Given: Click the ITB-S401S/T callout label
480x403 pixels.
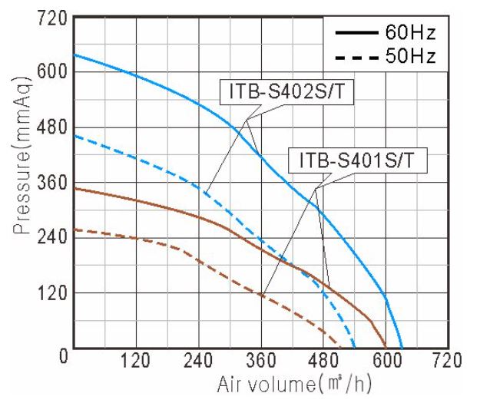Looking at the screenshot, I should click(x=356, y=162).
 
